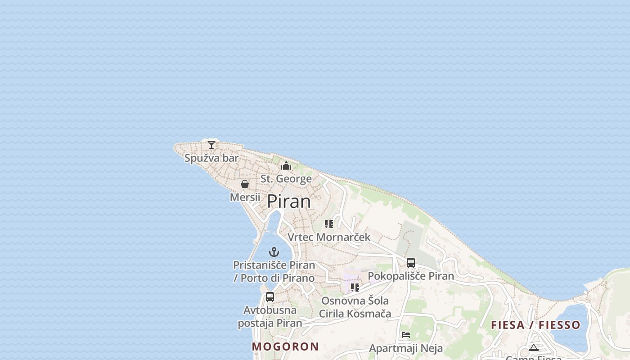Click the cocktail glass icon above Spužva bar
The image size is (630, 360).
click(x=211, y=145)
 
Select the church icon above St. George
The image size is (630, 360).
click(x=286, y=166)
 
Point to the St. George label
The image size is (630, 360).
click(x=286, y=179)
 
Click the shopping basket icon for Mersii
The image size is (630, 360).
click(x=245, y=184)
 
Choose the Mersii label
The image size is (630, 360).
click(x=245, y=197)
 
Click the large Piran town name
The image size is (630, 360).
click(x=289, y=201)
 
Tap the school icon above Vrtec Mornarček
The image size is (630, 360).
click(x=329, y=224)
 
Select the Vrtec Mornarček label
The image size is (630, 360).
click(x=329, y=237)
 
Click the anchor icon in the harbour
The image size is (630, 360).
click(x=274, y=252)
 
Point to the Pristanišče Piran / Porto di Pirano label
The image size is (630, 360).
click(x=274, y=271)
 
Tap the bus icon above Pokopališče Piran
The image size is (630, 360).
click(x=411, y=263)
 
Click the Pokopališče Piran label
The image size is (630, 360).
click(x=411, y=276)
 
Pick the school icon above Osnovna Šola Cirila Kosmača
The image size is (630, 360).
click(x=355, y=287)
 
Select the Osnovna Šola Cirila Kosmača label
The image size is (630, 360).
click(x=355, y=307)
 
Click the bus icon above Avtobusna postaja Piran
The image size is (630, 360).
click(x=270, y=297)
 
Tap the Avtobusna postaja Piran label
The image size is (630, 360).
click(x=270, y=316)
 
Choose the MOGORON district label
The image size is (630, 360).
click(x=285, y=346)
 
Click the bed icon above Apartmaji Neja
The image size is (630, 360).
click(x=406, y=335)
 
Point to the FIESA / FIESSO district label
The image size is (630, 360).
click(x=535, y=325)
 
